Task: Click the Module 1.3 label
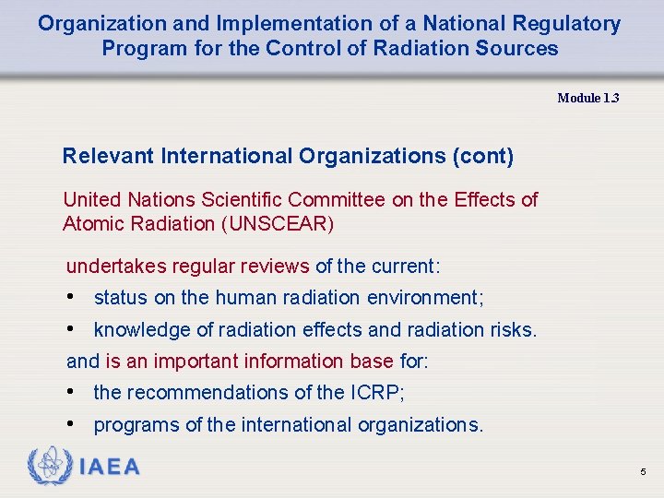pyautogui.click(x=587, y=98)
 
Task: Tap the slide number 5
pyautogui.click(x=643, y=472)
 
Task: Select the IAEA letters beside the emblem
pyautogui.click(x=110, y=467)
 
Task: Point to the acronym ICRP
pyautogui.click(x=374, y=393)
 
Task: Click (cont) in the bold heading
pyautogui.click(x=482, y=156)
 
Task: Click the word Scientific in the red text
pyautogui.click(x=239, y=199)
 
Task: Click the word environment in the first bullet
pyautogui.click(x=423, y=298)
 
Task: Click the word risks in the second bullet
pyautogui.click(x=512, y=330)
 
